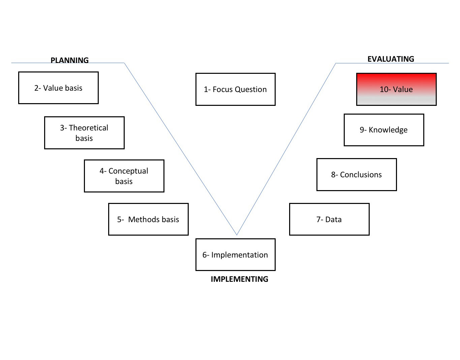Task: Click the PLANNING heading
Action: (69, 60)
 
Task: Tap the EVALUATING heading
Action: (391, 59)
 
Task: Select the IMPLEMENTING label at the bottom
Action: (239, 279)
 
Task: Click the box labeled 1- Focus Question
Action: (235, 89)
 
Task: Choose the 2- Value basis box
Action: (58, 88)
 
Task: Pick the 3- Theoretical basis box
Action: (84, 133)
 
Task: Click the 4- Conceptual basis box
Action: (124, 176)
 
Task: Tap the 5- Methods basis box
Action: (148, 219)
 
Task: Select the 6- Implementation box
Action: (235, 255)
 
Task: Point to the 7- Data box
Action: (329, 219)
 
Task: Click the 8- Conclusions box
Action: (357, 175)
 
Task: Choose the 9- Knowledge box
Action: (384, 130)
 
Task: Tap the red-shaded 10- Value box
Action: (396, 89)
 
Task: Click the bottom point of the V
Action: (237, 235)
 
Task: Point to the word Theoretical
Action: (89, 128)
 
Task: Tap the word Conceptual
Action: (128, 171)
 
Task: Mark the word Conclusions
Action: (361, 175)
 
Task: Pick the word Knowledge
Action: (388, 130)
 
